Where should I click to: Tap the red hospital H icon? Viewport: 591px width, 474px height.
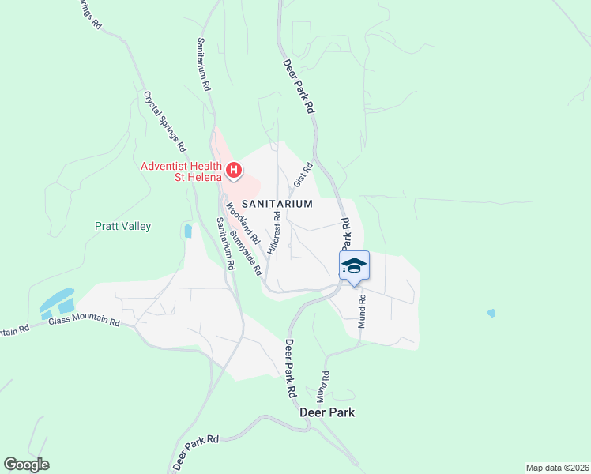click(x=234, y=169)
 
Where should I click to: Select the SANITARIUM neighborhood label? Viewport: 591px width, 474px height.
click(x=277, y=204)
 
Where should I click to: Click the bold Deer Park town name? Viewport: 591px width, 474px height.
click(x=327, y=412)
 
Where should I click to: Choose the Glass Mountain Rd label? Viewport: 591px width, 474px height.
click(x=84, y=322)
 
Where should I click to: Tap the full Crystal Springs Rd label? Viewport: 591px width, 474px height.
click(x=164, y=121)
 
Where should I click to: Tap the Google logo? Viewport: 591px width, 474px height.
click(x=26, y=465)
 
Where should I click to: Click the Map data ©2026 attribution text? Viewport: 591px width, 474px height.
click(x=556, y=467)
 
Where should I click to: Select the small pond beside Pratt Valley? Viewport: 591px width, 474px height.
click(x=187, y=231)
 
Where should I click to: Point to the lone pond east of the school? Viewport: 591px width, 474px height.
click(x=491, y=313)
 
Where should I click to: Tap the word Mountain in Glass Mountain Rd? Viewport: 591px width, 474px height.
click(x=87, y=322)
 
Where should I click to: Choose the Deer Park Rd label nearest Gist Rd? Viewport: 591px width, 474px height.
click(x=299, y=88)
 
